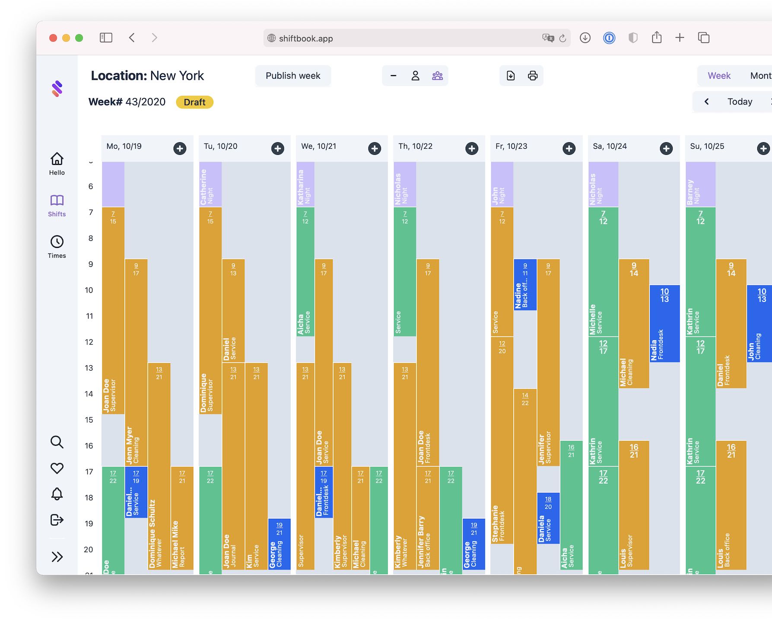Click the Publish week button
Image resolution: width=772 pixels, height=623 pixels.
293,76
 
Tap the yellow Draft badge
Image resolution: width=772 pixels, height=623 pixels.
194,102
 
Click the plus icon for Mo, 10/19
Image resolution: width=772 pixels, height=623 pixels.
180,148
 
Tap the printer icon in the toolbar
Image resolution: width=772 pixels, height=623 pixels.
533,76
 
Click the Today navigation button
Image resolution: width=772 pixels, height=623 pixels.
740,102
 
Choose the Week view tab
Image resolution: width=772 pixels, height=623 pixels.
719,76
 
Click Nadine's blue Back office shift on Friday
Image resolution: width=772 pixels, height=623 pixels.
525,284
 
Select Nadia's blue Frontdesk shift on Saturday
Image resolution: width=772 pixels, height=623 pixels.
664,323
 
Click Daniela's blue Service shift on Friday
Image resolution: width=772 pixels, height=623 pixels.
548,518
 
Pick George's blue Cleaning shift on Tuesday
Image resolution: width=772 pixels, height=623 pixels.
279,544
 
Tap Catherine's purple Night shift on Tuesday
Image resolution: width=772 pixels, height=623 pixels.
210,185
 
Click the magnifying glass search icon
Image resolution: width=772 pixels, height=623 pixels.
57,442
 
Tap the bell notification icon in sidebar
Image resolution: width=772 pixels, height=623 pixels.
57,494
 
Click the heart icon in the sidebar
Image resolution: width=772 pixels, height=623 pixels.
57,468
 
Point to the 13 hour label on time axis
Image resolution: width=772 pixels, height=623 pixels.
89,368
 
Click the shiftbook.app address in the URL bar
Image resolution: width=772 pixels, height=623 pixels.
306,38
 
